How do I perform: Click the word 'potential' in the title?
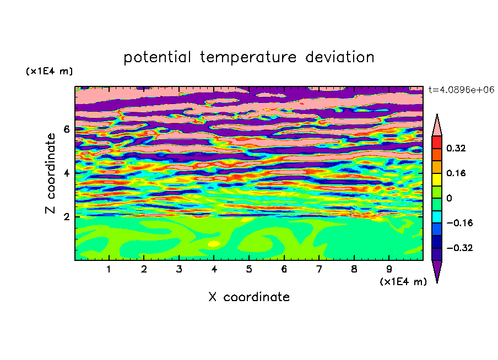point(157,58)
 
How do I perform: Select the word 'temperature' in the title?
point(248,57)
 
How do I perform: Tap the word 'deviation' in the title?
point(340,57)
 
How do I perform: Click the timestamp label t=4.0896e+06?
point(461,90)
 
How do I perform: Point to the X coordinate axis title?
point(249,297)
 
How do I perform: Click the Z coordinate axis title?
point(51,173)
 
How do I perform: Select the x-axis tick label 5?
point(249,269)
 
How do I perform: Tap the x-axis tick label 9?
point(389,269)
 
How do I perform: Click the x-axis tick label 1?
point(109,269)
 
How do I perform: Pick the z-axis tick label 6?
point(67,129)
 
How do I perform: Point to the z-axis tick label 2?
point(67,217)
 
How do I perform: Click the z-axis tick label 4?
point(67,173)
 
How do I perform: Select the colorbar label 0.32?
point(456,148)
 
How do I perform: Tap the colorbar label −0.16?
point(459,223)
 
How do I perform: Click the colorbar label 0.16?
point(456,173)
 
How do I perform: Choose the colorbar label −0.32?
point(459,248)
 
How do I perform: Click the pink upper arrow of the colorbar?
point(437,127)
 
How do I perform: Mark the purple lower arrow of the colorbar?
point(437,269)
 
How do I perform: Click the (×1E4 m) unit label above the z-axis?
point(49,71)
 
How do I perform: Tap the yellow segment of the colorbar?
point(437,179)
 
